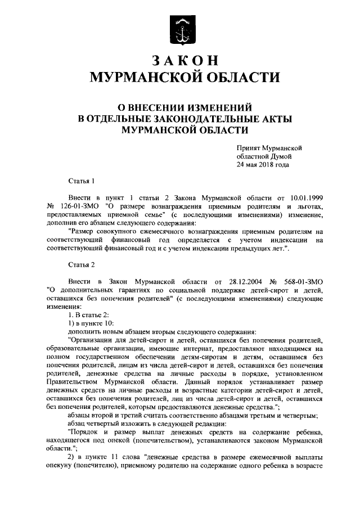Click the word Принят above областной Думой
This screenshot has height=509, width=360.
point(249,146)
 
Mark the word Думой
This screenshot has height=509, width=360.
point(280,156)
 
